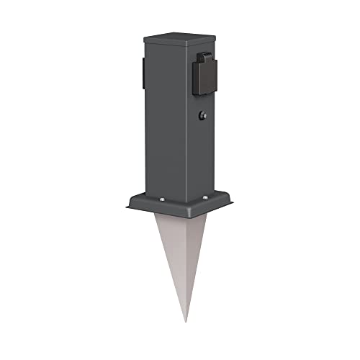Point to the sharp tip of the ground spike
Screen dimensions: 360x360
click(186, 322)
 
